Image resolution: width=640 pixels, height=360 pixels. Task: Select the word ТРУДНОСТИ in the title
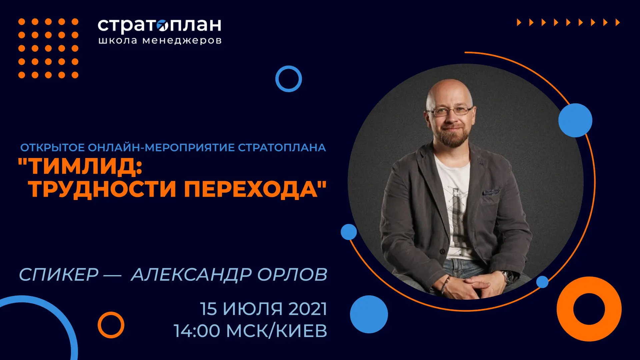[102, 189]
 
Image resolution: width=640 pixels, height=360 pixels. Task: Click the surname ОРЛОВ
[292, 274]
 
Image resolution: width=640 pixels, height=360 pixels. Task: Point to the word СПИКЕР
[59, 274]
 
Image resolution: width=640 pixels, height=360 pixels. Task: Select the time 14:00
[197, 331]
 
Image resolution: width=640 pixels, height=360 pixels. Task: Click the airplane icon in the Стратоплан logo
[163, 25]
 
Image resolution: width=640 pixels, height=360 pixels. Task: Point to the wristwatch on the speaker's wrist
[507, 276]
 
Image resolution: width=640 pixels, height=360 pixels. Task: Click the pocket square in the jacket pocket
[491, 192]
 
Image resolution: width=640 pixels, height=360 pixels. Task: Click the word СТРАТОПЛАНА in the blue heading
[282, 147]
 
